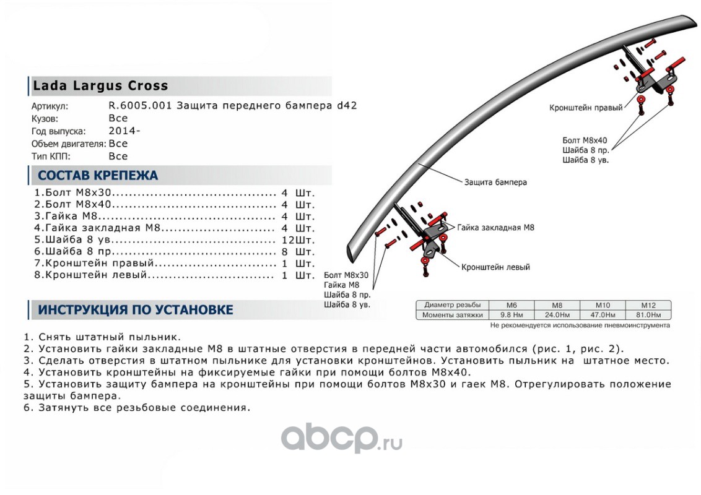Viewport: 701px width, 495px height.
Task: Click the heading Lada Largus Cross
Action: click(100, 86)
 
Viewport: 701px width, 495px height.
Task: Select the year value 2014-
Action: click(124, 131)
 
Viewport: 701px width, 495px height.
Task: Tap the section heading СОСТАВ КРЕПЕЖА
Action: click(98, 175)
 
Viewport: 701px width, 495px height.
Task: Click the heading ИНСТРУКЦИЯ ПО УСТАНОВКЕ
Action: click(136, 309)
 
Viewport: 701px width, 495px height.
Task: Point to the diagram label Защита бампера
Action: click(495, 183)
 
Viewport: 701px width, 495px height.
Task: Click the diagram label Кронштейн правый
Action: click(586, 108)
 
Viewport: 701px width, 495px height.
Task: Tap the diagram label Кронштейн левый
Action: click(495, 267)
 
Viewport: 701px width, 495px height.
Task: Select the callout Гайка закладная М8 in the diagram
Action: click(495, 228)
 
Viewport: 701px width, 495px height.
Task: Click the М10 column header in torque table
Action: click(603, 305)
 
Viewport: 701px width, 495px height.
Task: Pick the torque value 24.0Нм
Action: click(557, 315)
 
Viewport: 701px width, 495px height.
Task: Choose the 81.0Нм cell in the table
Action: click(648, 315)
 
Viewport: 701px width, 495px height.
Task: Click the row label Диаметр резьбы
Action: click(452, 305)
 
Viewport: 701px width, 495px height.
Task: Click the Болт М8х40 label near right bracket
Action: click(585, 140)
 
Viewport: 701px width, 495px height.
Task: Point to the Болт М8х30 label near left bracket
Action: click(346, 275)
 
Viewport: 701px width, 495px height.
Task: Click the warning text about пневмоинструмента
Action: click(580, 325)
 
